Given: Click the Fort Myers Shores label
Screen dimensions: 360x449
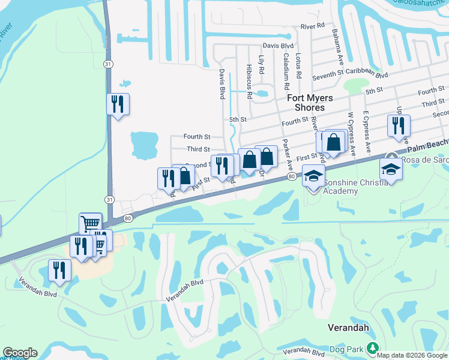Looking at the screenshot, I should coord(306,103).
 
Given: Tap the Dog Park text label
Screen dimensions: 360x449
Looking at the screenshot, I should coord(348,349).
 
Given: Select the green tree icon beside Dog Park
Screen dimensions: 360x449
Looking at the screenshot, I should coord(372,348).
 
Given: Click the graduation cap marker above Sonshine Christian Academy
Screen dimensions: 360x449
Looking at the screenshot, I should coord(313,176).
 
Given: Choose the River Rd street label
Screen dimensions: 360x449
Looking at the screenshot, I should coord(312,26).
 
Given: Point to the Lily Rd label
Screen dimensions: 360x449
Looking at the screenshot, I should coord(261,65).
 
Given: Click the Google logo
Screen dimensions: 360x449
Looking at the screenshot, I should coord(20,353).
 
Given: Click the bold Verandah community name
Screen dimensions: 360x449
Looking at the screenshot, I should coord(348,328).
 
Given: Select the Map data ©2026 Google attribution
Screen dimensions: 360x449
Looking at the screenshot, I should coord(412,355).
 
